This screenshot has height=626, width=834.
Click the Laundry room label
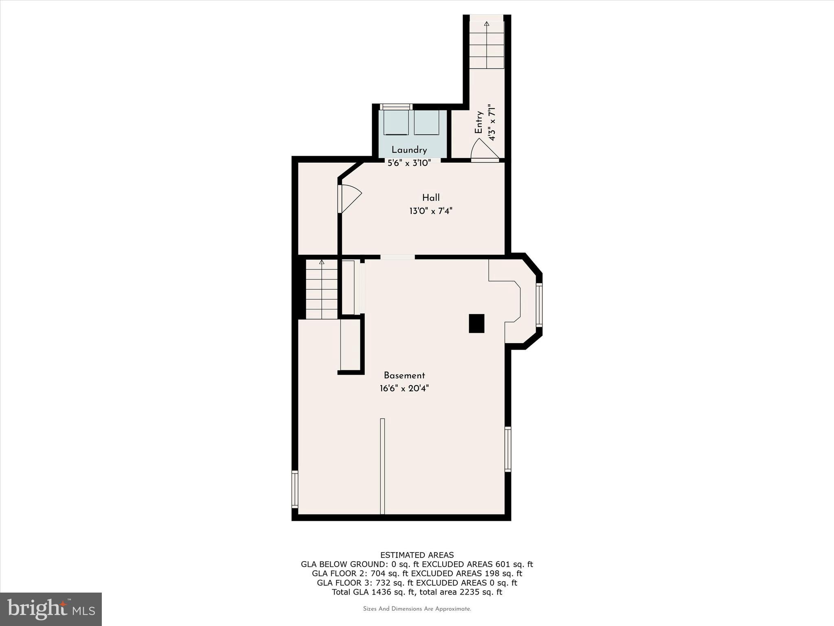point(409,150)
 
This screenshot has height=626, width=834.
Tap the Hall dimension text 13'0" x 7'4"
point(431,211)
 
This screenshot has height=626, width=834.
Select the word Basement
point(404,376)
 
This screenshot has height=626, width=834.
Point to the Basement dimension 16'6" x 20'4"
point(404,388)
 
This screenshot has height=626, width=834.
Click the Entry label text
point(479,122)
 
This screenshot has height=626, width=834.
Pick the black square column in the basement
point(476,323)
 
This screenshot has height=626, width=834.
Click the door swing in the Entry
point(483,149)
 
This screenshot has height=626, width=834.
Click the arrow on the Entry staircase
point(487,24)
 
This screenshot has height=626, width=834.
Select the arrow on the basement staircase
point(322,262)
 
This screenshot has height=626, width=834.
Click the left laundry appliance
point(396,122)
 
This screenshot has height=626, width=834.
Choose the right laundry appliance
point(427,122)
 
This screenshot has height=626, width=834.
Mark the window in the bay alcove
point(539,305)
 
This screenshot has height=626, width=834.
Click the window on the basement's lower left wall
point(295,489)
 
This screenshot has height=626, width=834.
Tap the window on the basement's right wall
point(508,449)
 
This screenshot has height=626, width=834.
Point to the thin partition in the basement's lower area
point(382,466)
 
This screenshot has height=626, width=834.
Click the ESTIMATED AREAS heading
point(417,555)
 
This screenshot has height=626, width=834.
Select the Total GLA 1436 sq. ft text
point(374,592)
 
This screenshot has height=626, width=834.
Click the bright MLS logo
point(51,609)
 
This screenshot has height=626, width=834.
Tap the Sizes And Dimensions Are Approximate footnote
point(417,609)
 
